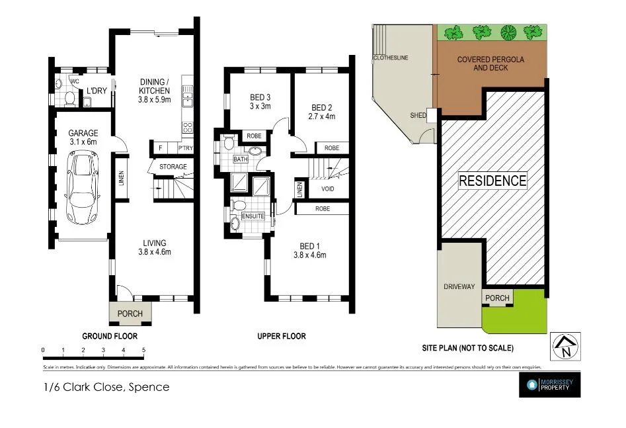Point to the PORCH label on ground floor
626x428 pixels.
click(130, 313)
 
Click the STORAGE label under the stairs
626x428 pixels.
click(173, 167)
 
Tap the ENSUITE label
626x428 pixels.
click(253, 216)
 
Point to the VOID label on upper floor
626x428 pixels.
click(327, 189)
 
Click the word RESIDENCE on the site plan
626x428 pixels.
click(492, 180)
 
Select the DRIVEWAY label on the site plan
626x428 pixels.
click(459, 286)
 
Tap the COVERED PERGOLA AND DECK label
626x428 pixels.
click(490, 64)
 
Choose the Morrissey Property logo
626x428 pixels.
click(549, 385)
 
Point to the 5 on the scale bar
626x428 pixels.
click(143, 350)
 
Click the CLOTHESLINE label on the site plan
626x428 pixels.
click(391, 58)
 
